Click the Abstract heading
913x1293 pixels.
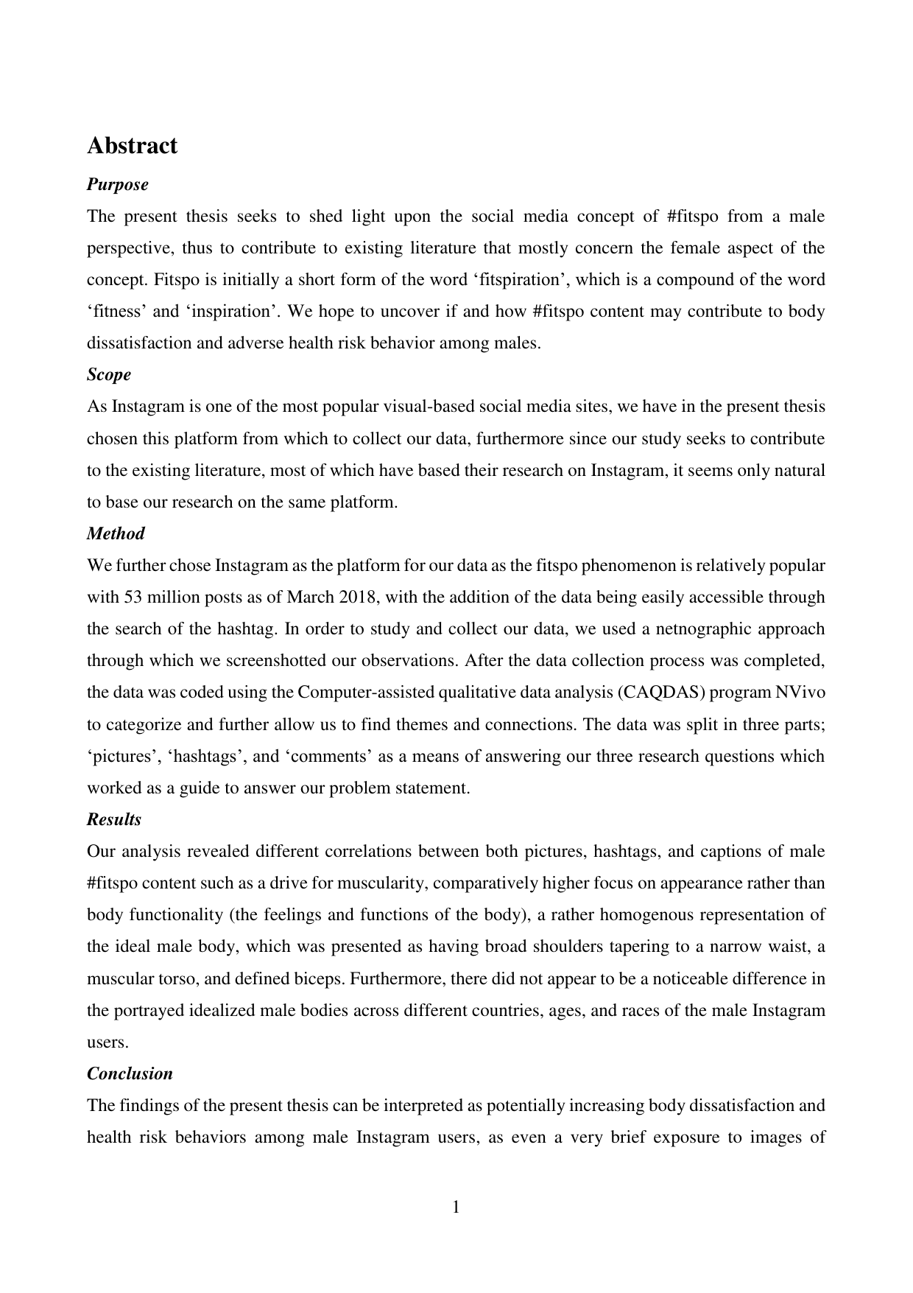[x=132, y=146]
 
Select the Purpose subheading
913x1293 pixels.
[x=117, y=184]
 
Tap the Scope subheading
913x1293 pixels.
[x=109, y=374]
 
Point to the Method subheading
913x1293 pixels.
[x=116, y=533]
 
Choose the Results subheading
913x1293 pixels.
[x=114, y=819]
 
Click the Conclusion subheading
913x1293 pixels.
[x=130, y=1073]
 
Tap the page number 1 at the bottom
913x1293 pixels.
[x=456, y=1207]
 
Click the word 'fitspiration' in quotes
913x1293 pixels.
[x=557, y=280]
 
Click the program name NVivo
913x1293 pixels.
[x=800, y=693]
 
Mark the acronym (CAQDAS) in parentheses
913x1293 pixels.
[x=657, y=693]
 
